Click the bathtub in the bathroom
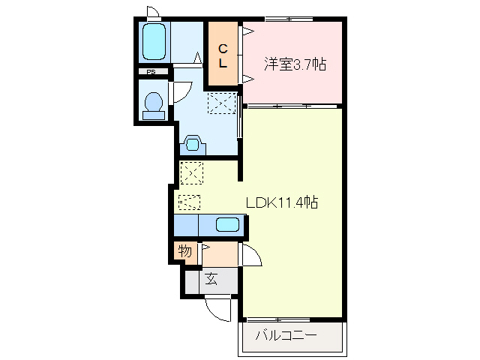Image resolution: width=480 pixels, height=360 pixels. pos(154,43)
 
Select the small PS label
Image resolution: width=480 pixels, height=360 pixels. pos(151,72)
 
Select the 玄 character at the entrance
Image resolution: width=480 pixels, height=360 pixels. pos(211,280)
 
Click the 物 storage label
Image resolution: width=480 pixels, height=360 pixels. pos(184,251)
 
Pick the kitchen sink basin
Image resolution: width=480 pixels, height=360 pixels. pos(227,223)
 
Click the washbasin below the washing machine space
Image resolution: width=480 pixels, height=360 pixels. pos(193,144)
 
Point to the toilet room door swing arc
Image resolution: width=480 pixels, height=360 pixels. pos(180,91)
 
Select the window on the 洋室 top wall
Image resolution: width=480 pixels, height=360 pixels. pos(289,19)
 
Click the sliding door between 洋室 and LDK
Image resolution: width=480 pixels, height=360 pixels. pos(281,106)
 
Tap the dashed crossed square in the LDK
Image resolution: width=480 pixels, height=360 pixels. pos(191,173)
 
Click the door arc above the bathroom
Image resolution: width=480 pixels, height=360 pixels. pos(153,12)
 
